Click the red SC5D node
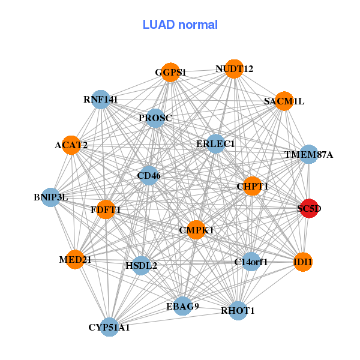click(309, 209)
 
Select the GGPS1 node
click(170, 72)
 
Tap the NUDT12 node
click(234, 69)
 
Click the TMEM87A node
click(308, 154)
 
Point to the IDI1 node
click(303, 262)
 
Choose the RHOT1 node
click(238, 310)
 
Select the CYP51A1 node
click(109, 327)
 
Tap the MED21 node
click(75, 259)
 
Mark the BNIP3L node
click(51, 197)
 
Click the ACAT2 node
click(71, 145)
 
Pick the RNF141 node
click(100, 99)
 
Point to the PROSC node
click(155, 118)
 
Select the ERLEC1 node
click(215, 144)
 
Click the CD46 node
click(149, 176)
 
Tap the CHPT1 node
click(252, 186)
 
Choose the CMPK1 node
click(196, 230)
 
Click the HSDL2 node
click(141, 265)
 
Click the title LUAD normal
click(180, 25)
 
